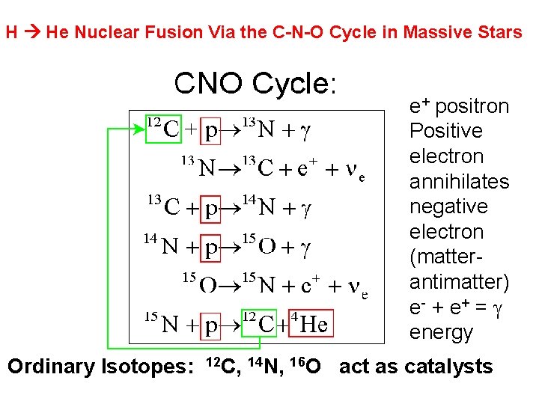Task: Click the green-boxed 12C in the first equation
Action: [164, 129]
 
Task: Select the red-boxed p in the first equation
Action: [212, 131]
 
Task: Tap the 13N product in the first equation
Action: [260, 129]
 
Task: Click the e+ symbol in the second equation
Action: [308, 167]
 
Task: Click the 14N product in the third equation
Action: [260, 206]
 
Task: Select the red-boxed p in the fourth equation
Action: [212, 246]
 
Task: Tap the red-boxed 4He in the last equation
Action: [310, 323]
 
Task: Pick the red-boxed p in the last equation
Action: [212, 325]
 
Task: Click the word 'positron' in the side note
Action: [471, 106]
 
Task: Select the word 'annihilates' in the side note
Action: [459, 182]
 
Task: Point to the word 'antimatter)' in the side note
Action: [459, 282]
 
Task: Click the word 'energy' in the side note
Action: [441, 332]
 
